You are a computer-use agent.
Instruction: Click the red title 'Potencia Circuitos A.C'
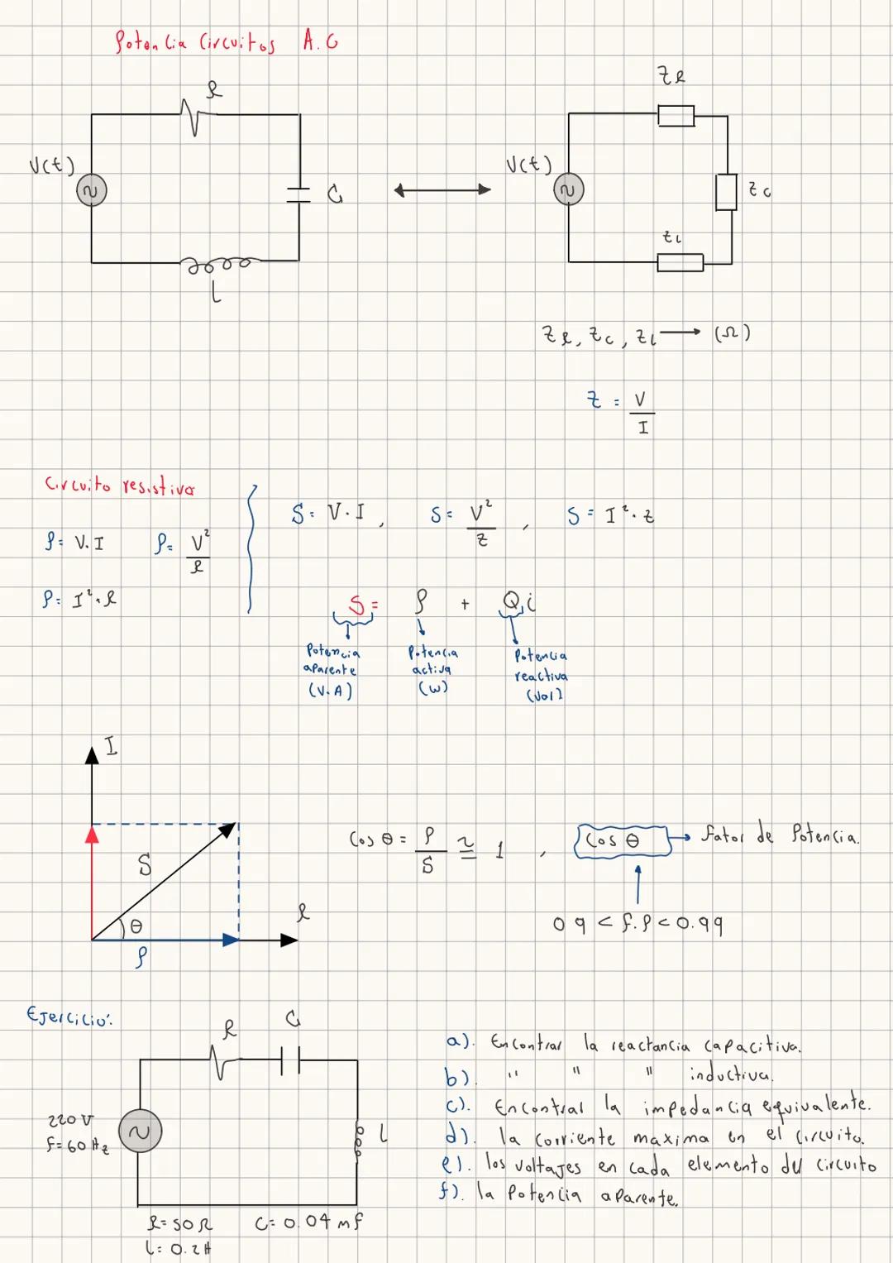[225, 41]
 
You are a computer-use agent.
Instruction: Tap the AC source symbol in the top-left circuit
[91, 192]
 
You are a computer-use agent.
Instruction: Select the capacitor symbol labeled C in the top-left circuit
[298, 194]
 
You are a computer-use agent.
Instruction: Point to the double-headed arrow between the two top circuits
[442, 190]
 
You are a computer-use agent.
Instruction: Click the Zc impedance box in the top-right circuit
[726, 192]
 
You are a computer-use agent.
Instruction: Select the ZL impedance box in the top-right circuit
[680, 262]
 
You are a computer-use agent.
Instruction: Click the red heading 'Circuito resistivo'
[120, 486]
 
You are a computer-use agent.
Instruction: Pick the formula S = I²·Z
[610, 516]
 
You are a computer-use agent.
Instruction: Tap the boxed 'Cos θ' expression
[621, 840]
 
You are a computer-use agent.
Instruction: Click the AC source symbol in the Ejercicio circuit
[140, 1131]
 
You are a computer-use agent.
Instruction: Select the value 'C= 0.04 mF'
[308, 1222]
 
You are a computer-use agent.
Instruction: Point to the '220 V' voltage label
[70, 1119]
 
